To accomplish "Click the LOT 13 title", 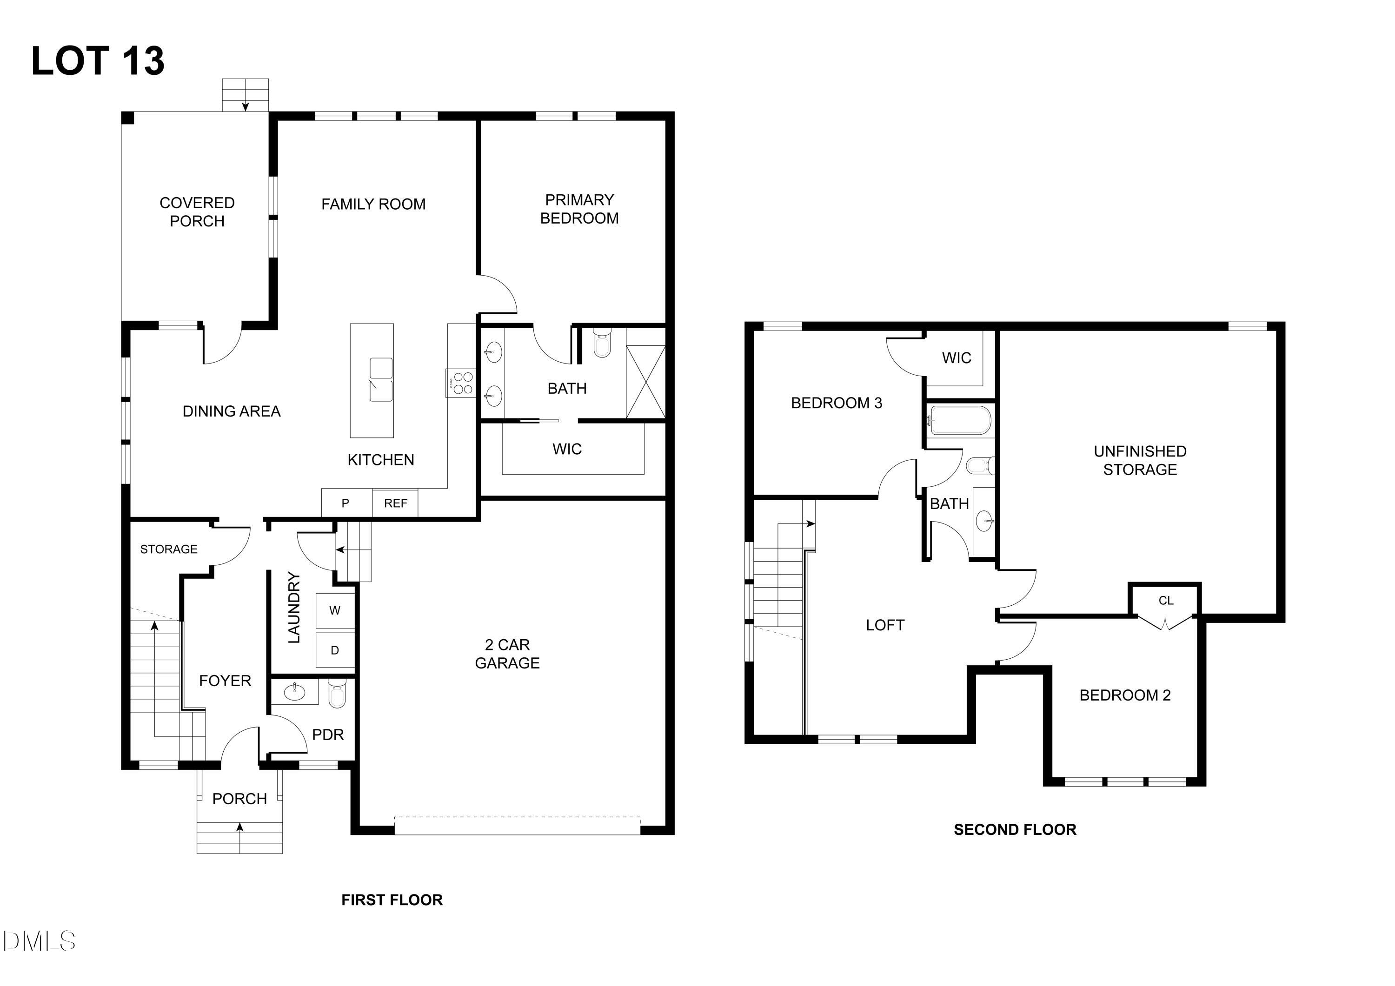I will pos(98,61).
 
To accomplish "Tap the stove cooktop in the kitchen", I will pos(460,384).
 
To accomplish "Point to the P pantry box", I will pos(345,503).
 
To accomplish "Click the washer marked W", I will pos(335,610).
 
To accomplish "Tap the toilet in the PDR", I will pos(337,693).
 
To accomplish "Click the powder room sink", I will pos(295,691).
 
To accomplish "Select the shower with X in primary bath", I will pos(645,382).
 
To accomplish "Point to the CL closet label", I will pos(1165,601).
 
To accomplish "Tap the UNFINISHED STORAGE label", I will pos(1140,461).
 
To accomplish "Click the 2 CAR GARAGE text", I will pos(507,654).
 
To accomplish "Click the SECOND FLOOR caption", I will pos(1015,830).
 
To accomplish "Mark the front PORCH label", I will pos(239,799).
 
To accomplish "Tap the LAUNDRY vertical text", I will pos(294,608).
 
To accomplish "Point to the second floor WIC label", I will pos(957,358).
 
